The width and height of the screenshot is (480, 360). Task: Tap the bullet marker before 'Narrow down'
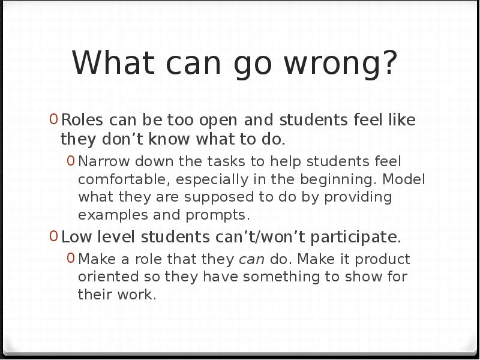(x=71, y=161)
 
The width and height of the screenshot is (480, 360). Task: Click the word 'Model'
(x=403, y=179)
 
